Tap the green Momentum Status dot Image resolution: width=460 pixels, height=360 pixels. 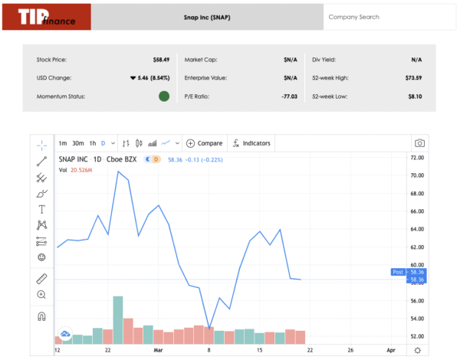tap(163, 96)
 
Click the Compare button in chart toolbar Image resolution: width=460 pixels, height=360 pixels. tap(204, 143)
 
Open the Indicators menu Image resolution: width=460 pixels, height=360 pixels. tap(251, 143)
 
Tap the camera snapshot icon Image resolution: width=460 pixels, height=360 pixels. tap(419, 143)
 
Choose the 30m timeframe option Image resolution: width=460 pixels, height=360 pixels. tap(77, 143)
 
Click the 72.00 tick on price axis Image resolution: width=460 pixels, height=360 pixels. tap(417, 157)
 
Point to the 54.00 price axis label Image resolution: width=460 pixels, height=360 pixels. tap(417, 319)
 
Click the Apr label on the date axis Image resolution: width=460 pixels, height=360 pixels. tap(390, 350)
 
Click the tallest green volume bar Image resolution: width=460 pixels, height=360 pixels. tap(117, 319)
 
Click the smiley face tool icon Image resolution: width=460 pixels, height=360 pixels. tap(41, 257)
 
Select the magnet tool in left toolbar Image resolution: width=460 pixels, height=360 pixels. tap(41, 316)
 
